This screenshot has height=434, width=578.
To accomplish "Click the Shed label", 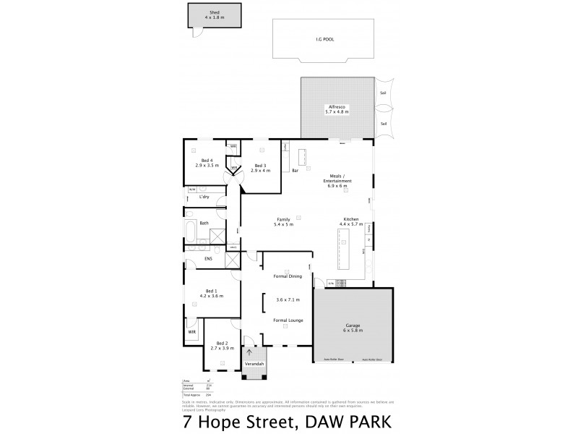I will (214, 13).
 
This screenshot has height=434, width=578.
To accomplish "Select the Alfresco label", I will (336, 108).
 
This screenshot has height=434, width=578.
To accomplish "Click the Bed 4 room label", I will (207, 160).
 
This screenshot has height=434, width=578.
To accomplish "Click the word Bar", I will (296, 171).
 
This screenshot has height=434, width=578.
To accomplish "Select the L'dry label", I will (204, 196).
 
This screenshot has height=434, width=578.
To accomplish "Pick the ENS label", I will (208, 258).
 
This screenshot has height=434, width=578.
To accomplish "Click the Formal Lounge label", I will (288, 320).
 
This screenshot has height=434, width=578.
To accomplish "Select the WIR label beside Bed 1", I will (191, 333).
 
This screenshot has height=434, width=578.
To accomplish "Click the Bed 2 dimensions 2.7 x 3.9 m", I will (222, 349).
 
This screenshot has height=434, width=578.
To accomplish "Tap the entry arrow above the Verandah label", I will (250, 354).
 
